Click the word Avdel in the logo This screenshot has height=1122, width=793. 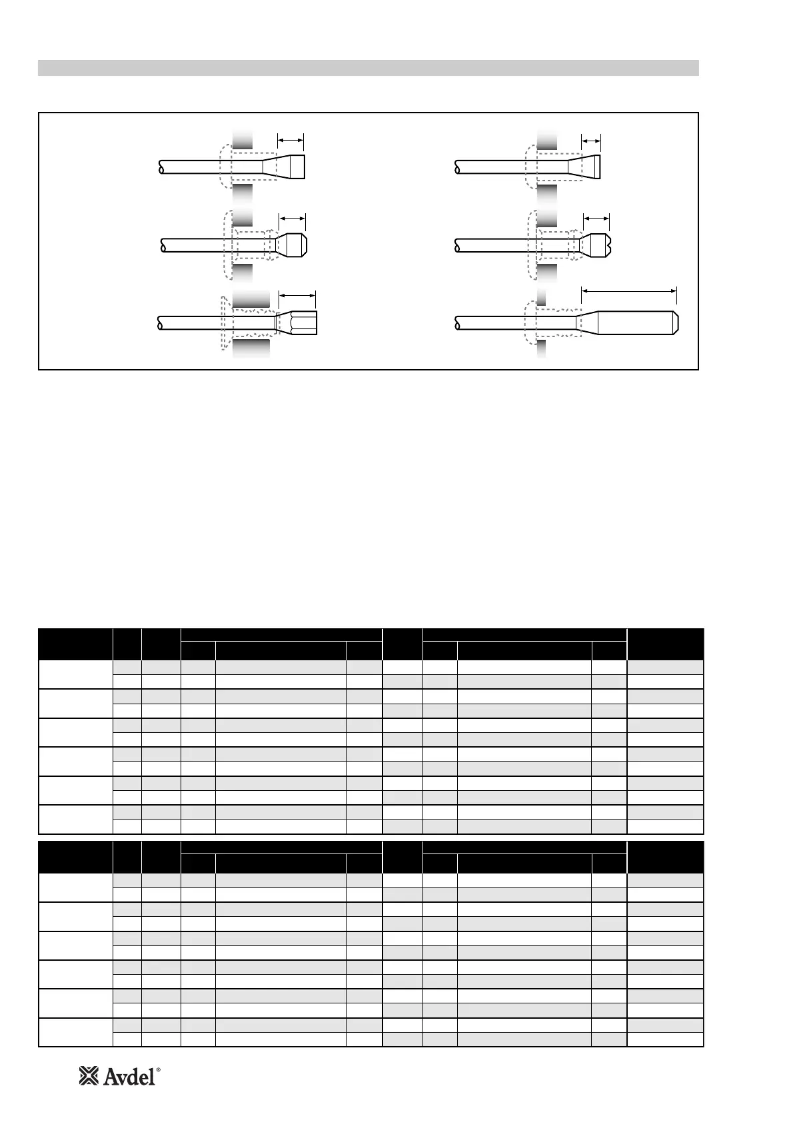pos(128,1076)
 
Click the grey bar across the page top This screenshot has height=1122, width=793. pos(368,68)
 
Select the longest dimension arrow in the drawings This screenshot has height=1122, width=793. pos(629,290)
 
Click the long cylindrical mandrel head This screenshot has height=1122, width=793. pos(636,322)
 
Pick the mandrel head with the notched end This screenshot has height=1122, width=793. pos(596,245)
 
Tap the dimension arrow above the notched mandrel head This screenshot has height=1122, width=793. pos(596,217)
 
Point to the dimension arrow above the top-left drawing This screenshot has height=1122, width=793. pos(291,140)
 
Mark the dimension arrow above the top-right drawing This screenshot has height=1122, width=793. pos(591,140)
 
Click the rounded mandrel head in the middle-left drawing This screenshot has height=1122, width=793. pos(292,245)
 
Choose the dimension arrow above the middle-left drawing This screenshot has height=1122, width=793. pos(292,217)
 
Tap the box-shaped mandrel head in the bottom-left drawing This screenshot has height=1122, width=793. pos(298,323)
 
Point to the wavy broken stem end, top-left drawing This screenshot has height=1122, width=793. pos(161,167)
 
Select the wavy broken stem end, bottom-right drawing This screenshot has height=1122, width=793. pos(457,322)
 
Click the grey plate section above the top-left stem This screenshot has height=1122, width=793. pos(243,139)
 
